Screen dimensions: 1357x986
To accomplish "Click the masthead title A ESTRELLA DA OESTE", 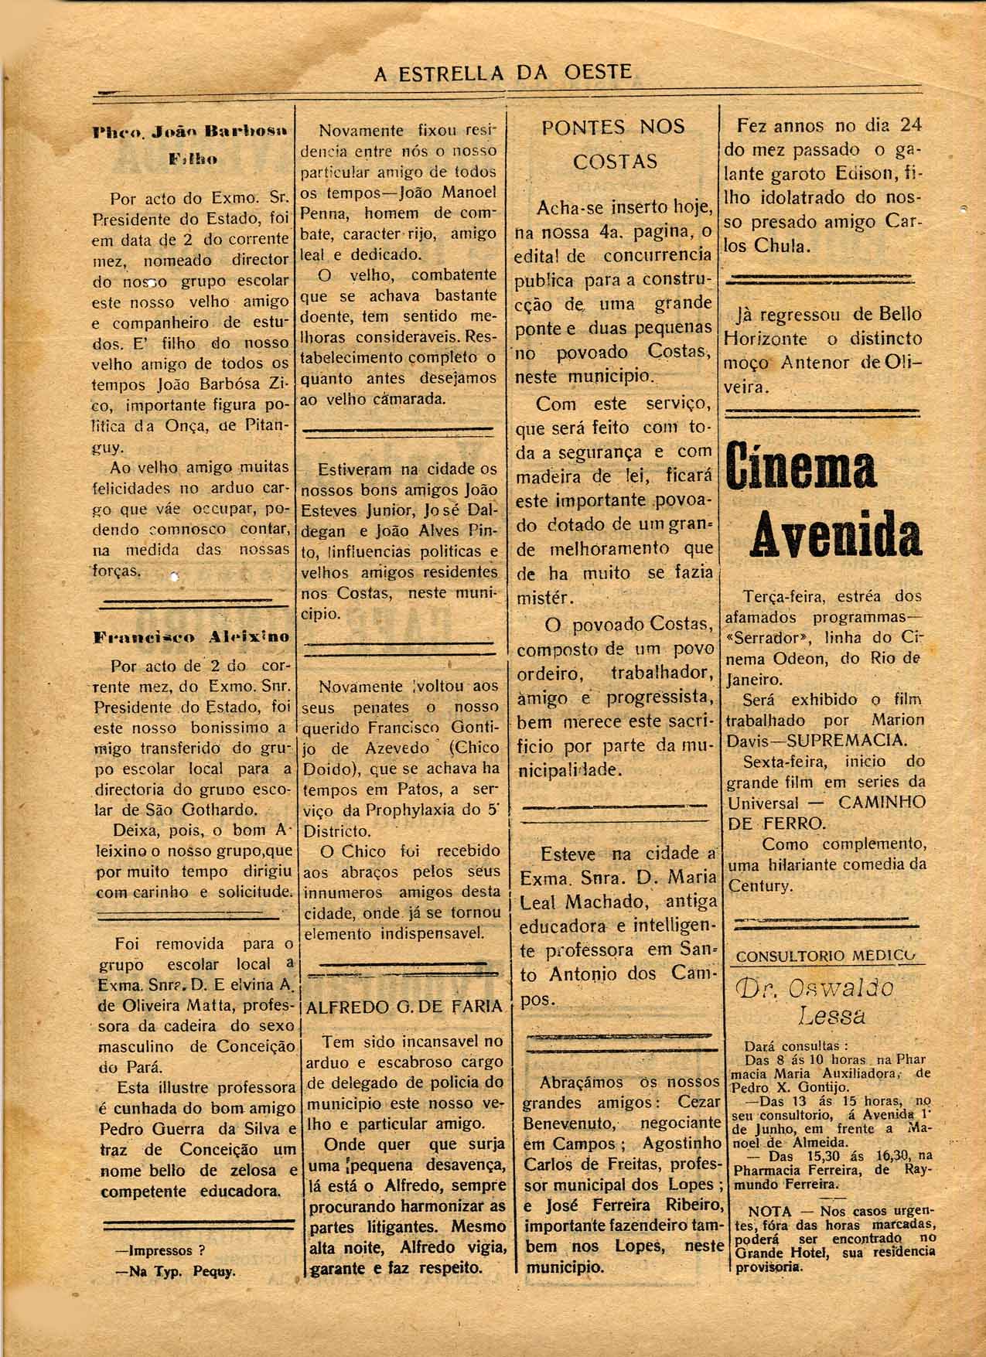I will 503,73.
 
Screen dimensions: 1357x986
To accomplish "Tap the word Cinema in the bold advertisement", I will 802,467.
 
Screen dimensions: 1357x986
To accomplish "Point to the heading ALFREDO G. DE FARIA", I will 404,1008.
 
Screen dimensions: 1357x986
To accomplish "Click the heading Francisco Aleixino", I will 191,638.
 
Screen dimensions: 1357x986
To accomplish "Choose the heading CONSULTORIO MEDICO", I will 825,956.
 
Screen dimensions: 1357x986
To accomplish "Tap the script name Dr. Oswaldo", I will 817,988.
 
